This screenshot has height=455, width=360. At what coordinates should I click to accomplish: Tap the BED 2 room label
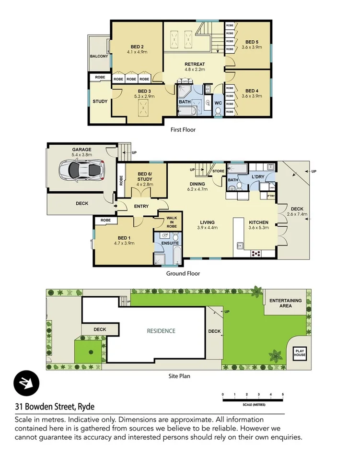click(137, 47)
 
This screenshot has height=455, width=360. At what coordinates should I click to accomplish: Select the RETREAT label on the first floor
click(195, 64)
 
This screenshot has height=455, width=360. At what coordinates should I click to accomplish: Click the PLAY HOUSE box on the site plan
click(300, 353)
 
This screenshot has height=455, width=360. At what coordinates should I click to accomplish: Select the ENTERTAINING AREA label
click(285, 303)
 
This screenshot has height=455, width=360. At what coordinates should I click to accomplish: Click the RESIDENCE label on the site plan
click(161, 331)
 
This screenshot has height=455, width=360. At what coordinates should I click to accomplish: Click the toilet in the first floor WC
click(218, 112)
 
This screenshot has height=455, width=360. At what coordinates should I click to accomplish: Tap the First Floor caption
click(183, 129)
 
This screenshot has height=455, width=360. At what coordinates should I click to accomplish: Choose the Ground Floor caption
click(183, 274)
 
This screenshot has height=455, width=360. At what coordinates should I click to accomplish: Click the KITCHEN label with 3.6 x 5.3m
click(258, 222)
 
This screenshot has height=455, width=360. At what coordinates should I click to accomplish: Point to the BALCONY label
click(99, 56)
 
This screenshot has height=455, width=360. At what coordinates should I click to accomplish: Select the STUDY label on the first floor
click(100, 101)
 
